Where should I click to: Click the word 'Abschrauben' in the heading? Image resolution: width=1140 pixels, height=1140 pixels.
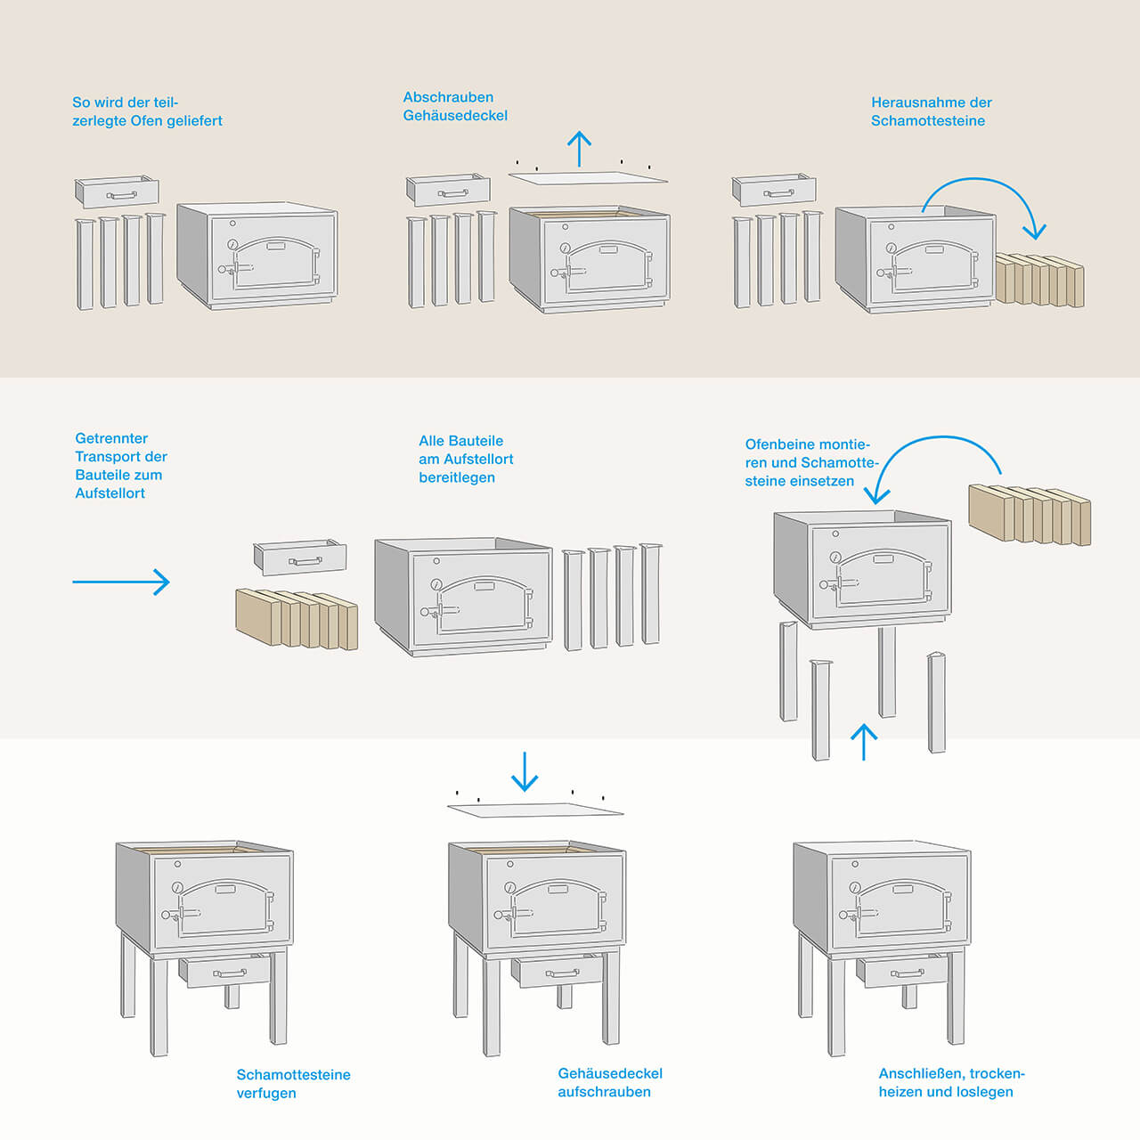[448, 97]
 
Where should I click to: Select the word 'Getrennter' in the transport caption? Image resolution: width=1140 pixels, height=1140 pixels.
[111, 438]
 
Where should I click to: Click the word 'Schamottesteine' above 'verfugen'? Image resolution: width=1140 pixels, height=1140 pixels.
[293, 1075]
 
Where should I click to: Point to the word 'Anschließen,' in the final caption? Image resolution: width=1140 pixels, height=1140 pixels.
[921, 1073]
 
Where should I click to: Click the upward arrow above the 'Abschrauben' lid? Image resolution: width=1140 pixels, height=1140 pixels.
[580, 149]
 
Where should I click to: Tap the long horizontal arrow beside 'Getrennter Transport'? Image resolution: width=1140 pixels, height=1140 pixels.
[121, 582]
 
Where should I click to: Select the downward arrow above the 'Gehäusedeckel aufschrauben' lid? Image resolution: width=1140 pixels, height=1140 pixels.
[525, 771]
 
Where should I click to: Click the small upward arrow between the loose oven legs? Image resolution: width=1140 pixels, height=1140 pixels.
[863, 741]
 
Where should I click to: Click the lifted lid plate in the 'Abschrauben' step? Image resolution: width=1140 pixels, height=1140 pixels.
[588, 178]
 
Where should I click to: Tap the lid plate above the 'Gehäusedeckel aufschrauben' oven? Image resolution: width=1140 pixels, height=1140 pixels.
[534, 810]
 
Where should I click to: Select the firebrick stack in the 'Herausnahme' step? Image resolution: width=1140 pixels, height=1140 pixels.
[1040, 280]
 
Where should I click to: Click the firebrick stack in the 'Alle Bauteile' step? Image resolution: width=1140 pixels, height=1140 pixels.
[297, 618]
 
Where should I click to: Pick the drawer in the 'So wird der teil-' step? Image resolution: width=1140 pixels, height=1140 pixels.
[117, 192]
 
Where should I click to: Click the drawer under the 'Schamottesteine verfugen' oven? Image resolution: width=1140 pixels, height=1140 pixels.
[226, 971]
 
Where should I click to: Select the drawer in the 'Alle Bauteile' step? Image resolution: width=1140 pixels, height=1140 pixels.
[300, 558]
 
